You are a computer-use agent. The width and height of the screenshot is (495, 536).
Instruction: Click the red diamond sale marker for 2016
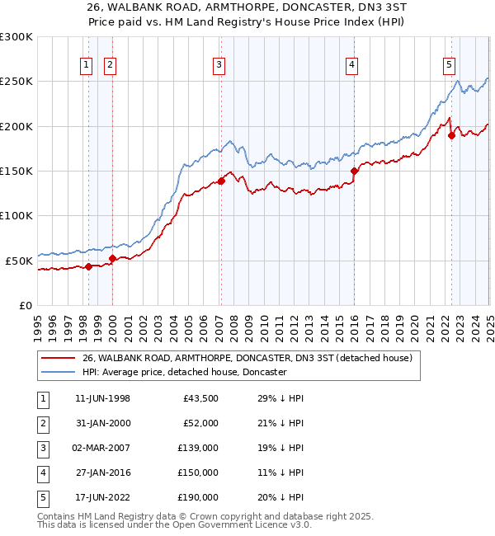tap(354, 172)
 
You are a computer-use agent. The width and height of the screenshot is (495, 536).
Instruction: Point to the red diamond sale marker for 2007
tap(221, 181)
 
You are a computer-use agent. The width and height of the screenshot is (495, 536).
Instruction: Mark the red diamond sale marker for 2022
tap(451, 136)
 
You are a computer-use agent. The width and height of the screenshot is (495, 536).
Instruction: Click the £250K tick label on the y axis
tap(16, 82)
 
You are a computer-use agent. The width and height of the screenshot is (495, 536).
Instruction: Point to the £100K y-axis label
tap(16, 215)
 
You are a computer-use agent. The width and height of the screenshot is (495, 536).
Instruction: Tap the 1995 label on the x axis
tap(38, 322)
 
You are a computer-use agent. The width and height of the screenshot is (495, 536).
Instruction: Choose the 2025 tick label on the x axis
tap(488, 322)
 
